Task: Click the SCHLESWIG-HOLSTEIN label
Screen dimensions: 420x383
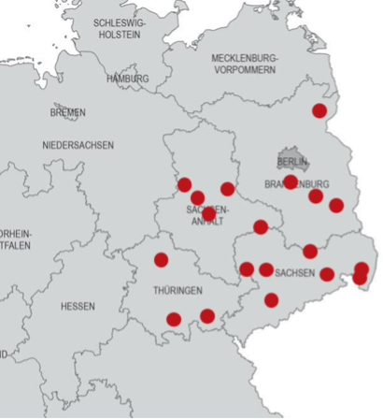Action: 119,28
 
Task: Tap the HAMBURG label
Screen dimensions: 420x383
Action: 128,79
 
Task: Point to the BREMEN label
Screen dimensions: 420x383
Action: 67,112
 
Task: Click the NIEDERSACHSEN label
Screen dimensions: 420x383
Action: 78,145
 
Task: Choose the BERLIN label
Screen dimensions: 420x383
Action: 292,162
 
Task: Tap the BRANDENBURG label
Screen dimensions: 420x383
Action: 297,183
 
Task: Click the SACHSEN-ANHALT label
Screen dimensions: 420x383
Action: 207,215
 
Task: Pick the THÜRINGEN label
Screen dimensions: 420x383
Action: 177,291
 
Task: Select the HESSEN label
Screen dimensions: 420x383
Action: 78,306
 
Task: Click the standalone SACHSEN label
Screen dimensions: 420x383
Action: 296,273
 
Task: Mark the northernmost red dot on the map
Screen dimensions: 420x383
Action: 319,110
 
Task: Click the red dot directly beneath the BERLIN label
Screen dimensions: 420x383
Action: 291,181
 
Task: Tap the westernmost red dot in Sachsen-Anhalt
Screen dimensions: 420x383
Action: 185,185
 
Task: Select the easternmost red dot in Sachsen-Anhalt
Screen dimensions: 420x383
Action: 227,189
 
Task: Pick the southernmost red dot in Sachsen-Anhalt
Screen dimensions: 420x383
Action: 208,214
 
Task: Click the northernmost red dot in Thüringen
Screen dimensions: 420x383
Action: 161,260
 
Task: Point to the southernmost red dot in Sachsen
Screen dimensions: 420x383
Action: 271,300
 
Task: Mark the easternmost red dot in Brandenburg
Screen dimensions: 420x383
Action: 336,206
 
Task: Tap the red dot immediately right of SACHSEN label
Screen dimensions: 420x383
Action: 327,274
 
